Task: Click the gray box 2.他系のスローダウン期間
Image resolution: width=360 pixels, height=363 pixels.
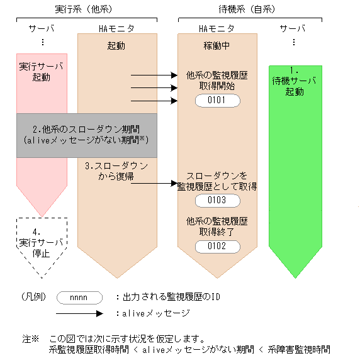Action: (x=86, y=135)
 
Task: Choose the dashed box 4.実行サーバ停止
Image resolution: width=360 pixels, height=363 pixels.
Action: (x=42, y=242)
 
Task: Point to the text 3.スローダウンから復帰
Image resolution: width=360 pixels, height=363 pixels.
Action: (x=116, y=171)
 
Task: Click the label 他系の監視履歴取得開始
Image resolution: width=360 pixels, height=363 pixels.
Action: (x=217, y=81)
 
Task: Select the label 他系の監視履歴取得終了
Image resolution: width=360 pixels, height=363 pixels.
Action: (x=217, y=226)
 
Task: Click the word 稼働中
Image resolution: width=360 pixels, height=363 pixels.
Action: (x=217, y=46)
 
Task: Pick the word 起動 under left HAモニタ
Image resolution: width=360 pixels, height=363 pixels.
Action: (x=116, y=46)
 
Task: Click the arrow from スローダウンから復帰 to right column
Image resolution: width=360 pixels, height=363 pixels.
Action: (x=155, y=184)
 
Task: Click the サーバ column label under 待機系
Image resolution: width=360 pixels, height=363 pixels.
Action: (x=293, y=29)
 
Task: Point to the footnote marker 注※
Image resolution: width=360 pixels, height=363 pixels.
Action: (x=31, y=338)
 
